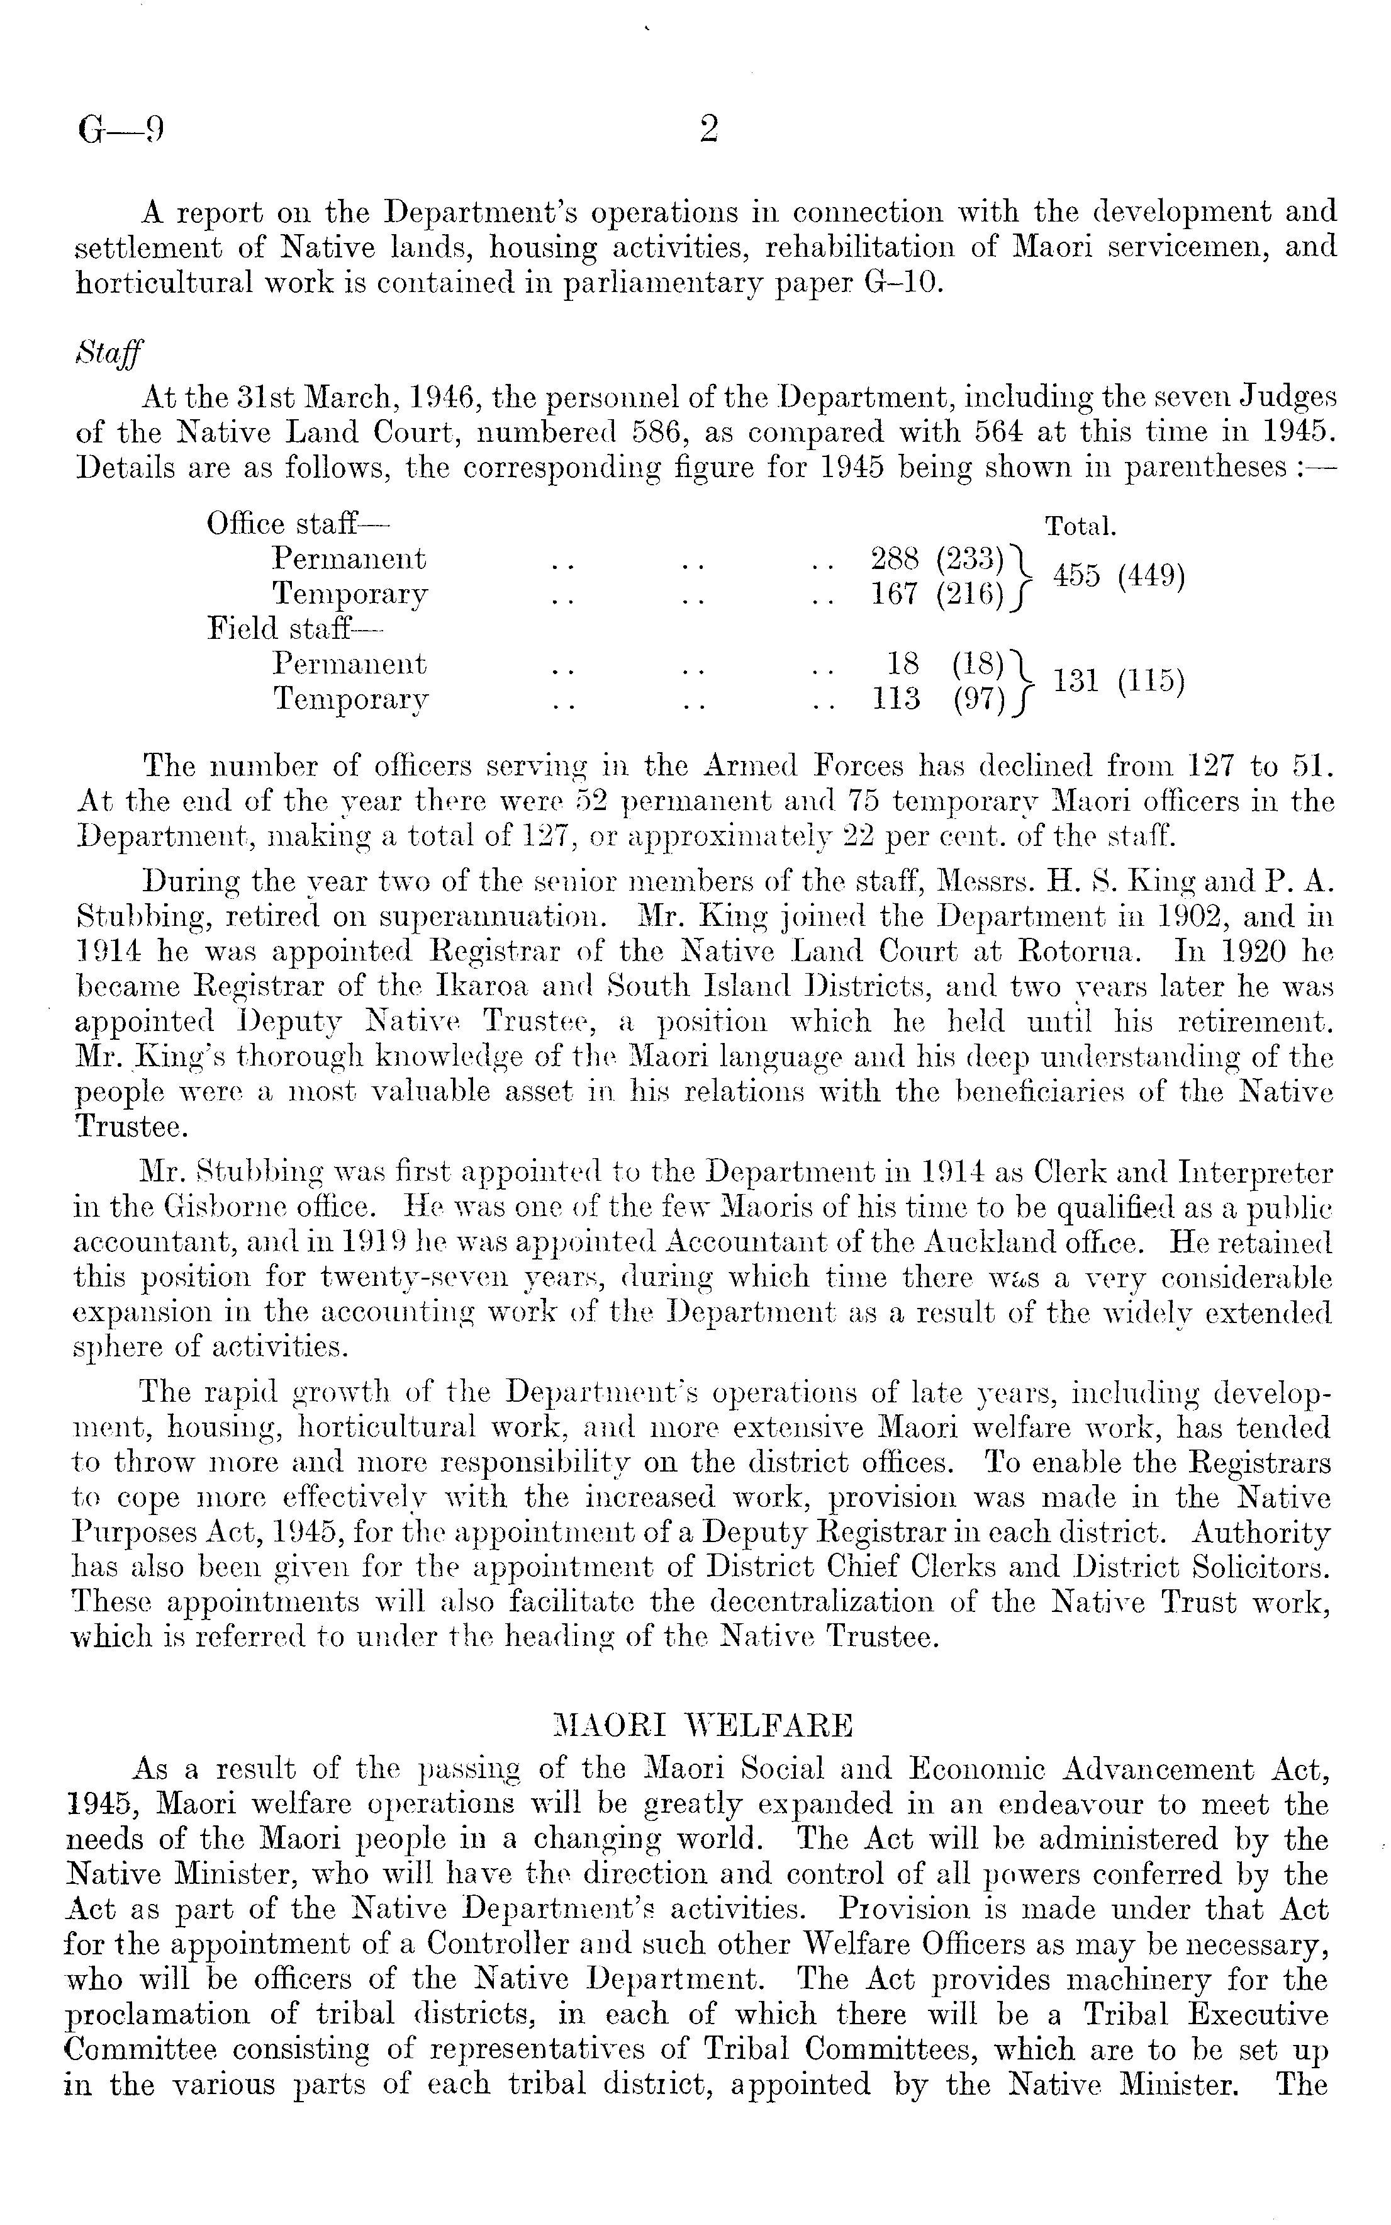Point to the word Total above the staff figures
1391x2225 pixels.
[1081, 527]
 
